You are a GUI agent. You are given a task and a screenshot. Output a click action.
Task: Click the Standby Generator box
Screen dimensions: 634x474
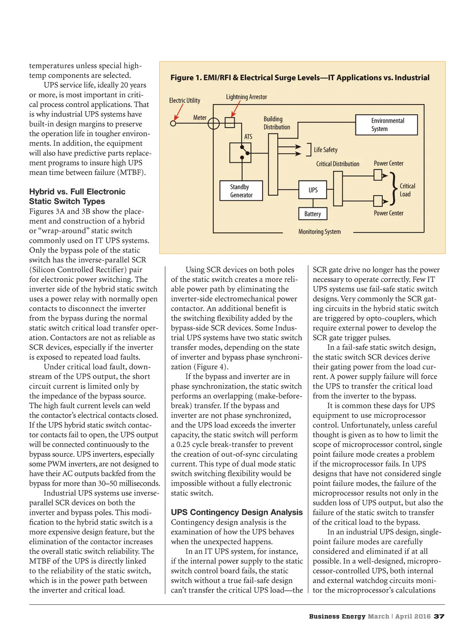point(241,191)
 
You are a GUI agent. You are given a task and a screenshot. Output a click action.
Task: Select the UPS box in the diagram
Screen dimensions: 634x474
point(313,190)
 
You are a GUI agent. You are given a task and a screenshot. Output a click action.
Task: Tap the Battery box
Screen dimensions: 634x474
point(312,214)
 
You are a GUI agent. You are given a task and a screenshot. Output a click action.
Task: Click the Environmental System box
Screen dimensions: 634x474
point(387,125)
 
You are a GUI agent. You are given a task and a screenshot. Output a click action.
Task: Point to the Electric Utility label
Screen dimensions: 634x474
point(185,100)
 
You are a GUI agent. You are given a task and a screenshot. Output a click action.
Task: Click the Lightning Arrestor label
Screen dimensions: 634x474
point(246,97)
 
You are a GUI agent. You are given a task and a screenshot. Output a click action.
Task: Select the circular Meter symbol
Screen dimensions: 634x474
point(213,124)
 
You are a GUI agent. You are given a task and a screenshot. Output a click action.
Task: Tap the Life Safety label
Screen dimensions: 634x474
point(325,150)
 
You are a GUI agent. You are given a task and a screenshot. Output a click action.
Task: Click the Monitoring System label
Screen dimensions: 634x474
point(319,232)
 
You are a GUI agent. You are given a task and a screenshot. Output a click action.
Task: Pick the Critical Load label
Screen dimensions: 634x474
point(407,190)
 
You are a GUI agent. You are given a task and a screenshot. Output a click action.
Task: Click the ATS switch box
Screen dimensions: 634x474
point(241,153)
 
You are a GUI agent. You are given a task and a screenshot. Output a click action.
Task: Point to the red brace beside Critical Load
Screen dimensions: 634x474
point(393,188)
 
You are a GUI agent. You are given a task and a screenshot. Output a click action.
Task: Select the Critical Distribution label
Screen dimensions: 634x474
point(337,164)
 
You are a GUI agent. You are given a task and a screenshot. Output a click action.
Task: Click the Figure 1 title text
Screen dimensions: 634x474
point(300,78)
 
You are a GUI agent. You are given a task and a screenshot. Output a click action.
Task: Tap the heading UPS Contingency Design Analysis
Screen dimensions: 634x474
point(237,512)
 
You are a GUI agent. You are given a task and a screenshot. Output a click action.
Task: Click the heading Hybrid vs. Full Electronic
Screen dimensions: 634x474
point(77,192)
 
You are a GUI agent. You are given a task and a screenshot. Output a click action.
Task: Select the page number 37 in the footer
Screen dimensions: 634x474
point(439,616)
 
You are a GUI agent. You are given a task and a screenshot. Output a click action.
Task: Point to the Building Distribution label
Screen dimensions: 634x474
point(277,123)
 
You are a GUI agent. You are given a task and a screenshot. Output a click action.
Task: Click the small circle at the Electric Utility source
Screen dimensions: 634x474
point(174,124)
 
